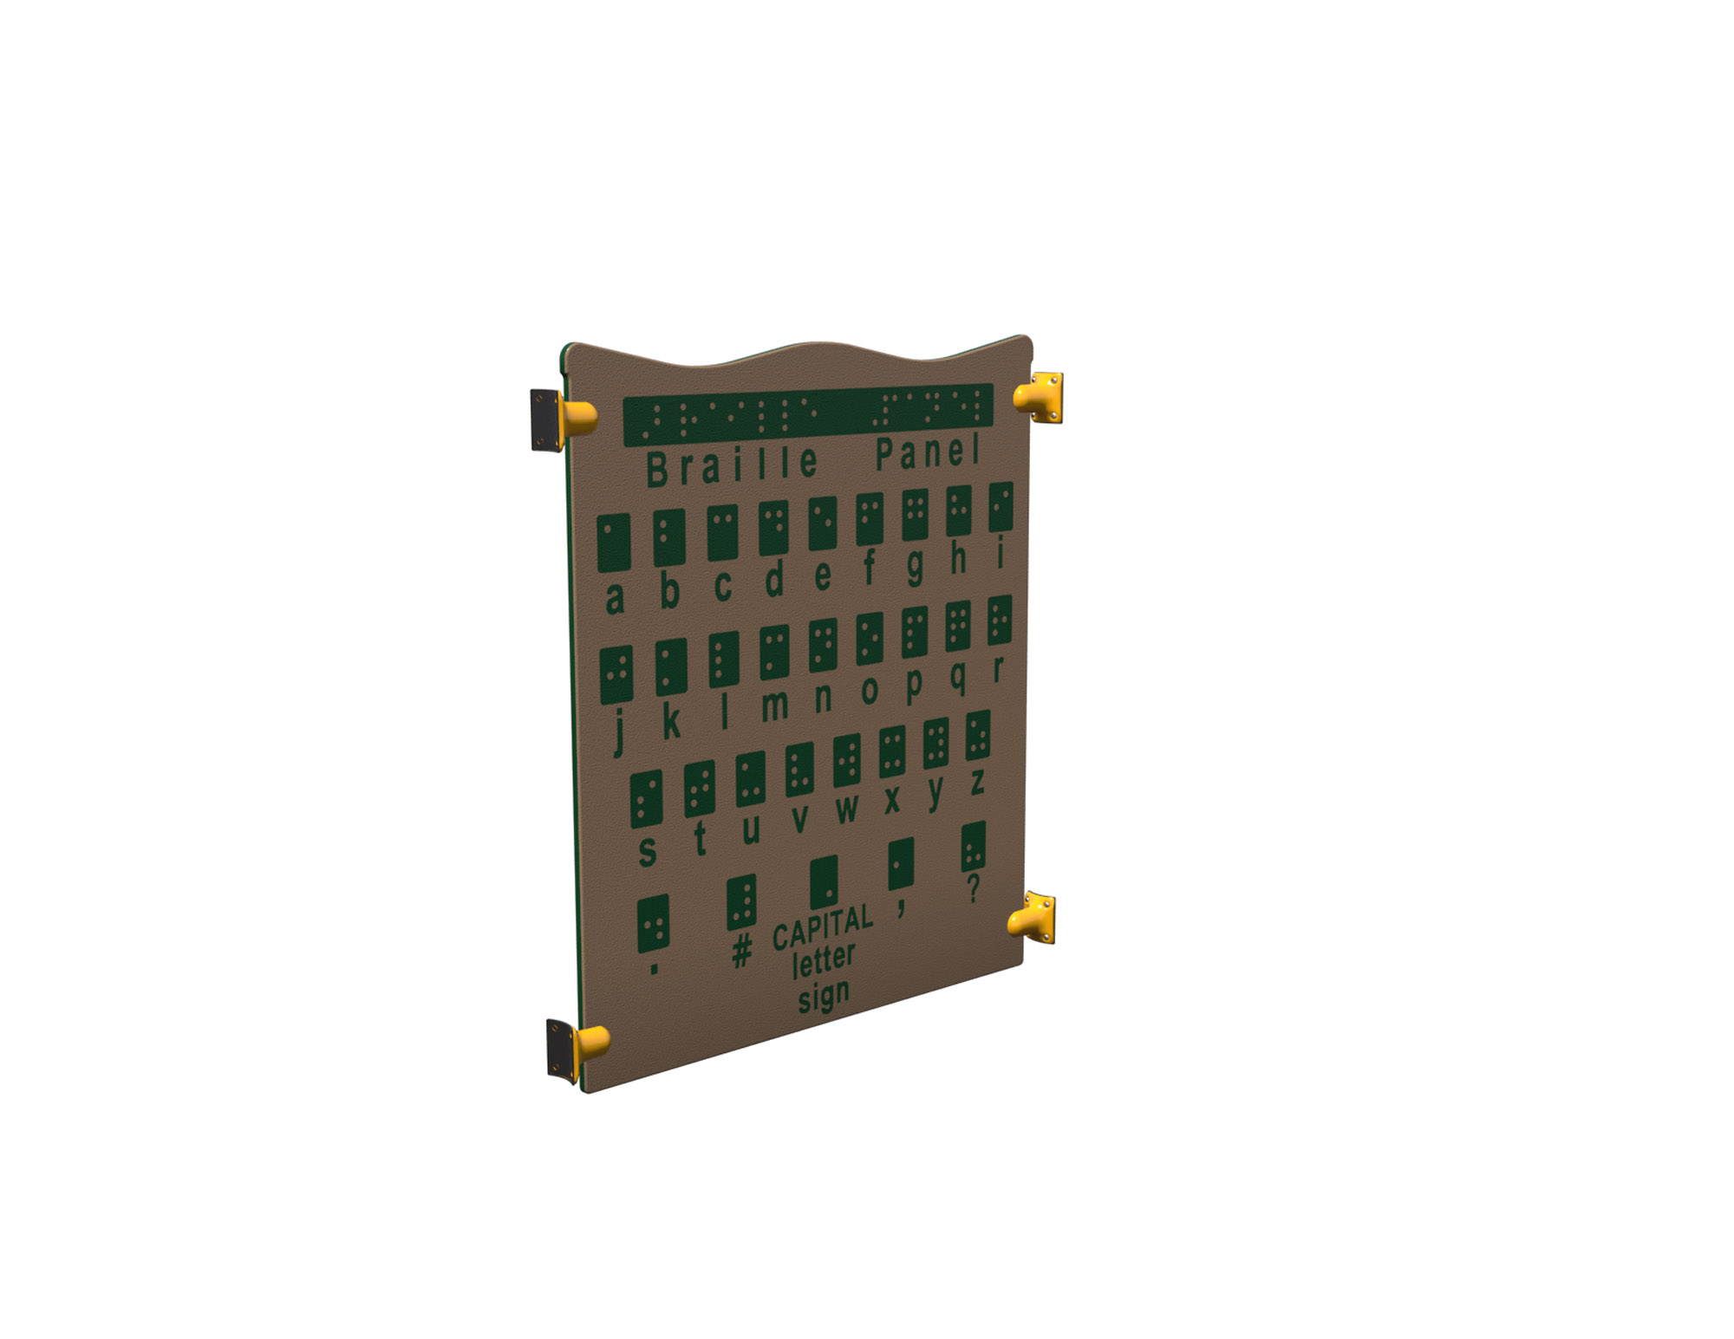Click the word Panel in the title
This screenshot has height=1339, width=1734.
tap(927, 452)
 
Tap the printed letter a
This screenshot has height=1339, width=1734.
tap(615, 598)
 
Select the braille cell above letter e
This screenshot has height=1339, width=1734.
tap(822, 523)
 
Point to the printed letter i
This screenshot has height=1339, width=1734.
tap(1000, 552)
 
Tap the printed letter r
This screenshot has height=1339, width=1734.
tap(998, 668)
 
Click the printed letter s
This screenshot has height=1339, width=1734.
tap(647, 851)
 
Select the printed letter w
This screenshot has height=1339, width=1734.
tap(847, 809)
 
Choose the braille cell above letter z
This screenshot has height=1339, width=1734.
tap(978, 735)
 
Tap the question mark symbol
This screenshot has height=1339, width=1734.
tap(974, 887)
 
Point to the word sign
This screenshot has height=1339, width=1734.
tap(823, 996)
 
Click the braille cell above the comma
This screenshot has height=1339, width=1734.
tap(901, 863)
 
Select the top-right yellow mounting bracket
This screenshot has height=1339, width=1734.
tap(1040, 398)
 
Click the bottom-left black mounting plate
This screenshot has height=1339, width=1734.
tap(560, 1050)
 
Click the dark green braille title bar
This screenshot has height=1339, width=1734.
tap(807, 414)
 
